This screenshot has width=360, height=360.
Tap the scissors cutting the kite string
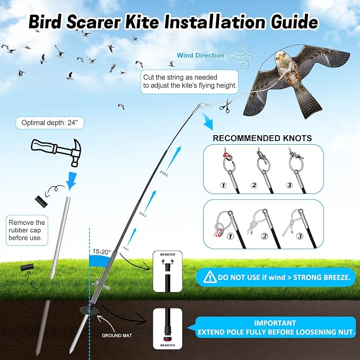225,106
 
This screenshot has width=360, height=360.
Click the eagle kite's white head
282,58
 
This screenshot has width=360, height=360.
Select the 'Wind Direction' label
200,55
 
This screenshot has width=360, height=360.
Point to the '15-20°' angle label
101,252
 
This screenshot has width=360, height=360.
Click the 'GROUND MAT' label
117,336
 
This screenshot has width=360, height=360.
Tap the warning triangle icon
209,277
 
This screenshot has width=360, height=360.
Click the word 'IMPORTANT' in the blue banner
275,323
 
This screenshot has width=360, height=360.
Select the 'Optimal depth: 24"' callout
50,123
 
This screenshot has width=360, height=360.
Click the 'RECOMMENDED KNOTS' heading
262,138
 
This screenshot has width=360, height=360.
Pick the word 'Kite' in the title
142,22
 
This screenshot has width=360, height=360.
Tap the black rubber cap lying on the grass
27,267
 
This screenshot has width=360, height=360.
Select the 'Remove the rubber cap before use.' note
27,230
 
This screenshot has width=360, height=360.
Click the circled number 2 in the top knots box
254,185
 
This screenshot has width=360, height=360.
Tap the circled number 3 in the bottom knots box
300,236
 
